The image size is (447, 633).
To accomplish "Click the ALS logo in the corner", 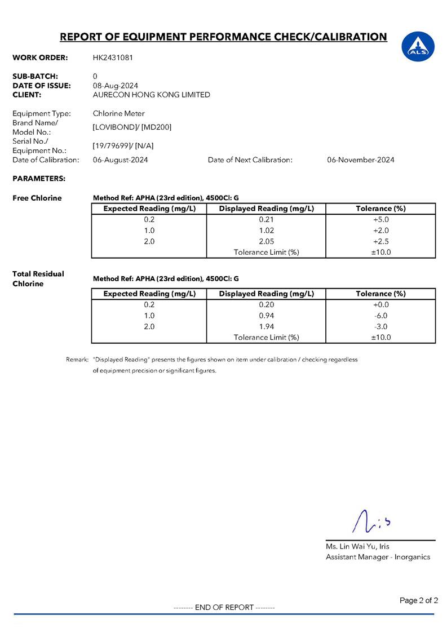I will (x=418, y=46).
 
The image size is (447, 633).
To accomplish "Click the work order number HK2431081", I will (x=113, y=57).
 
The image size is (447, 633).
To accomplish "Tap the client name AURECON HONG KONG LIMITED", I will (x=151, y=95).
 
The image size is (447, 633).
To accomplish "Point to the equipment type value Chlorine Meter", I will (x=118, y=113).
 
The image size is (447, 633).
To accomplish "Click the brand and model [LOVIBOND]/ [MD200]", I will (x=132, y=127).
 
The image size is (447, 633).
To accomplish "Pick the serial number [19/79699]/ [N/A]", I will (x=123, y=146).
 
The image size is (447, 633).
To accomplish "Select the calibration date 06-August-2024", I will (x=120, y=160).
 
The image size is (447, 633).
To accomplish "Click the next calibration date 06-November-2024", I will (x=360, y=160).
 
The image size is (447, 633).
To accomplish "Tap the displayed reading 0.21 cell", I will (x=266, y=219).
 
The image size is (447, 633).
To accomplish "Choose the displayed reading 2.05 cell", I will (x=266, y=241).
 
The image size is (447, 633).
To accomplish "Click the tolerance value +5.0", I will (x=381, y=219).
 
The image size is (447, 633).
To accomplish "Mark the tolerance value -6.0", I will (x=381, y=316).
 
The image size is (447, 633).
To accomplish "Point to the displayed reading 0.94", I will (x=266, y=316).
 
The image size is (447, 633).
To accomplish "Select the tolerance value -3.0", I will (x=381, y=327).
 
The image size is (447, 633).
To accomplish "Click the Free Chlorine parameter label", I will (x=37, y=198).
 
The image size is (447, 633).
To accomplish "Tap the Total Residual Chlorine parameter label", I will (x=38, y=278).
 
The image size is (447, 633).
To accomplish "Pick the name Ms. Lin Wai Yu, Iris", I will (x=357, y=546).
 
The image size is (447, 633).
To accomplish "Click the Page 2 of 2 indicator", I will (x=418, y=600).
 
